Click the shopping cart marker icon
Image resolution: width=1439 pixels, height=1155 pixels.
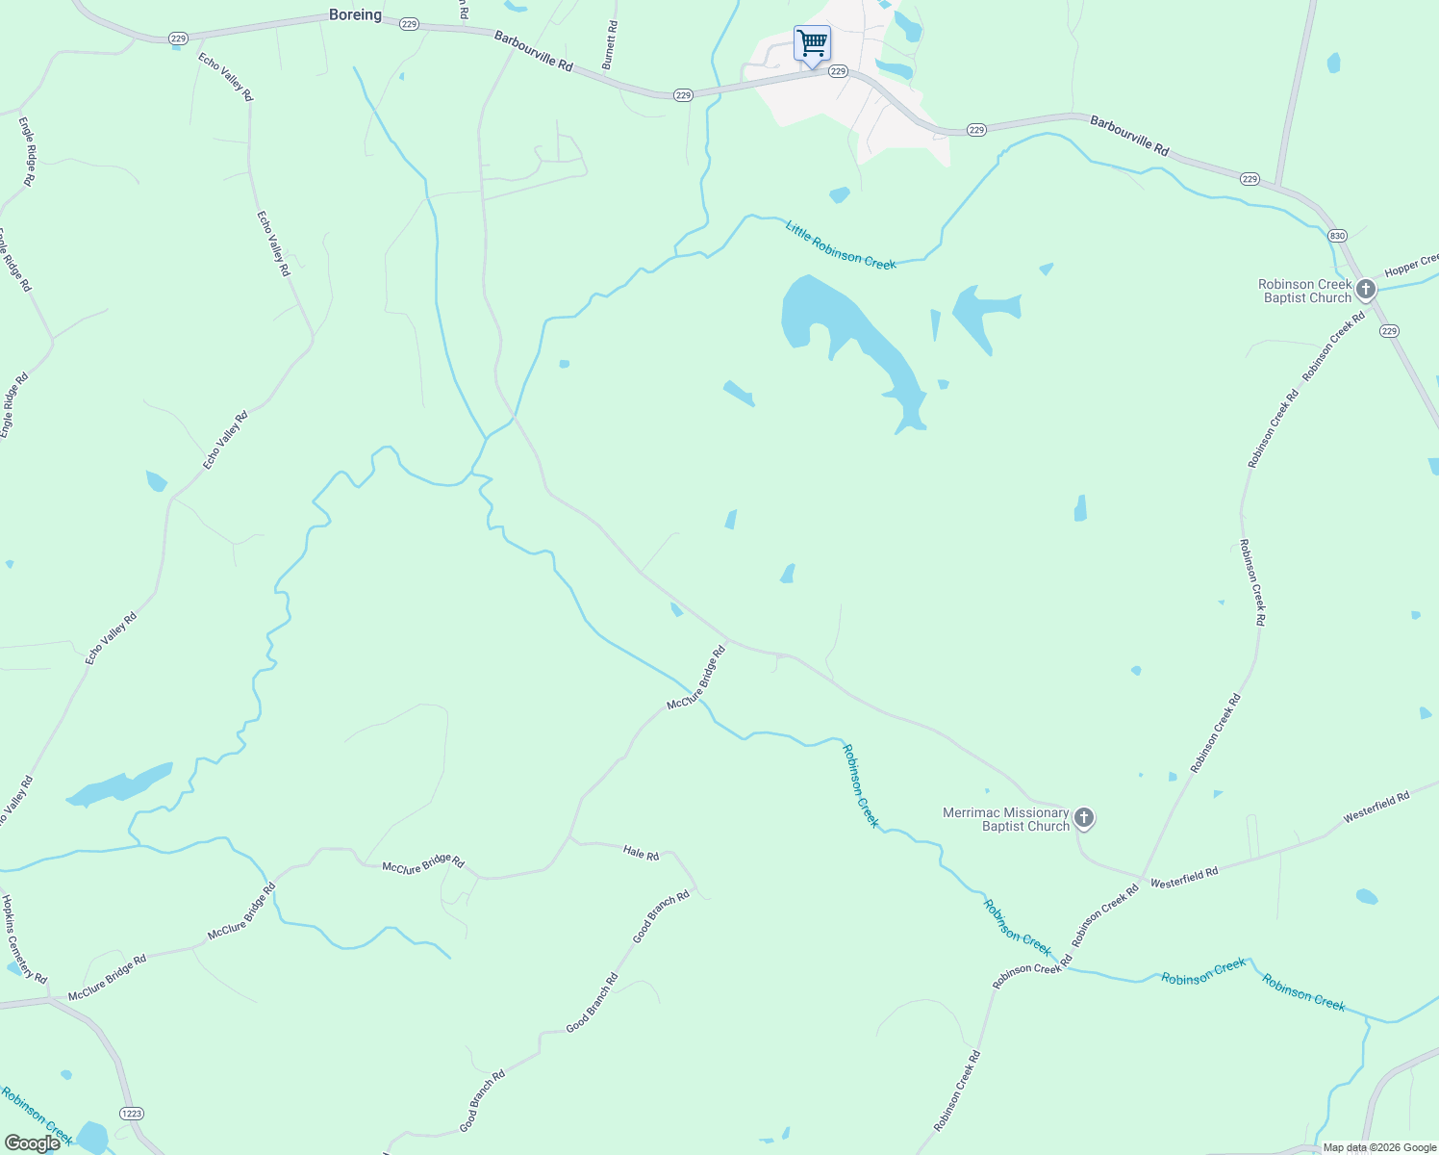812,44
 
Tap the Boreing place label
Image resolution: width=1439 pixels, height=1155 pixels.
355,15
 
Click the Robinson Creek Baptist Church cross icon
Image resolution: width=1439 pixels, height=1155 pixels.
1366,288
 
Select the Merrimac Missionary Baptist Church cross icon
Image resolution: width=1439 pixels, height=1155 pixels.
1084,818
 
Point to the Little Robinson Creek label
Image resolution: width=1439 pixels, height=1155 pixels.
840,244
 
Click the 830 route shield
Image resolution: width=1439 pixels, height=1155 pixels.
1337,236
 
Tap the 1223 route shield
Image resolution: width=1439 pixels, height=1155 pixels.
132,1113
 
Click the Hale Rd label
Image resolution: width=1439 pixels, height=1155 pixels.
641,853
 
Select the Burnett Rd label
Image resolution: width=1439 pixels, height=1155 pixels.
609,45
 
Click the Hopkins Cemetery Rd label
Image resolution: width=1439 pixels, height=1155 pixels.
23,939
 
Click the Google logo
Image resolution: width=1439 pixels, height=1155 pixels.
32,1142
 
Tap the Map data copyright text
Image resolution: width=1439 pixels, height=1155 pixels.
1377,1147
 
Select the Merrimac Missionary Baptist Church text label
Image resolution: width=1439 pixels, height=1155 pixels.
1006,819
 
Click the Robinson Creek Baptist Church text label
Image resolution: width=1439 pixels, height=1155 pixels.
1304,291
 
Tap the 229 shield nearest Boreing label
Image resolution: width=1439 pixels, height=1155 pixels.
409,24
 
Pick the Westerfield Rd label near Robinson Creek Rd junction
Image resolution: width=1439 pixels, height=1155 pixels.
1184,877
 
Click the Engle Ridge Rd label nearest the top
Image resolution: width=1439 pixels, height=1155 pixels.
28,151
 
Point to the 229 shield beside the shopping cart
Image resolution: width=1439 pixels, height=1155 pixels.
838,71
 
